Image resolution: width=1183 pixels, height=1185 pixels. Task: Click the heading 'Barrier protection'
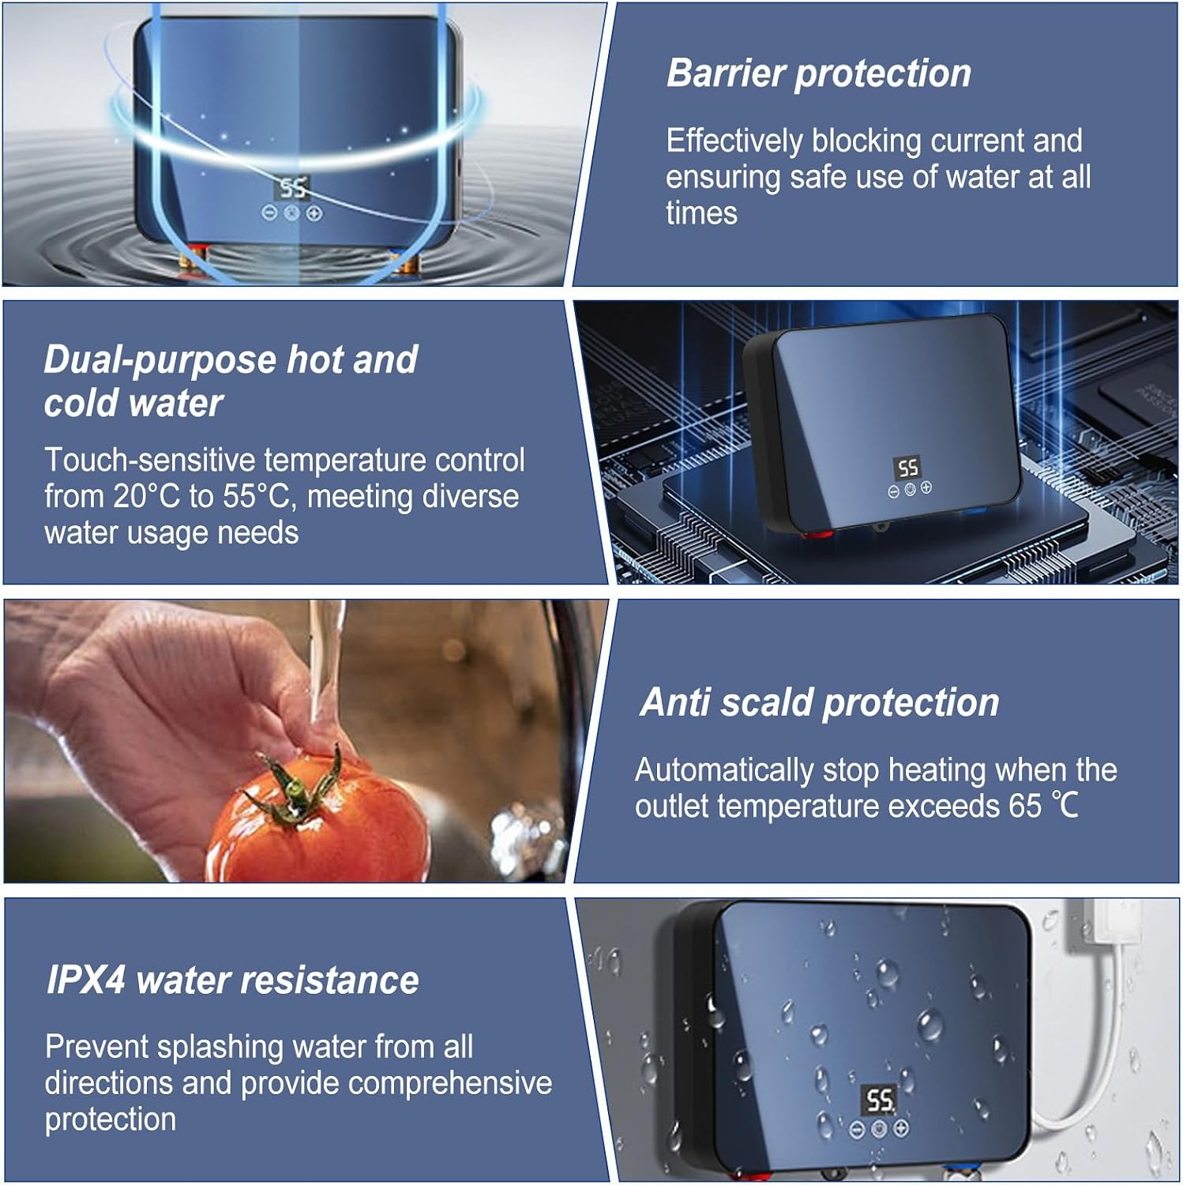click(x=819, y=74)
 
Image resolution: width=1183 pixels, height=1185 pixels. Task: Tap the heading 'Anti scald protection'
click(x=820, y=702)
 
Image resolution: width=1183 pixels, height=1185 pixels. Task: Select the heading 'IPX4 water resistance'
click(x=232, y=980)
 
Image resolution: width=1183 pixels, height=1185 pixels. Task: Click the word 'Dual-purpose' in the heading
click(x=159, y=360)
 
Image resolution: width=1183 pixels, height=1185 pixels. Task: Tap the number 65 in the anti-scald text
click(x=1024, y=806)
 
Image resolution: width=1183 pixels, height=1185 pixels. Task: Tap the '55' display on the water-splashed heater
click(x=878, y=1100)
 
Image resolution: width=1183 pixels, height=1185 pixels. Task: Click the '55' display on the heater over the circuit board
click(x=907, y=468)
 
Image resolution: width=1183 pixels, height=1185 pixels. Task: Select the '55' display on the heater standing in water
click(x=292, y=188)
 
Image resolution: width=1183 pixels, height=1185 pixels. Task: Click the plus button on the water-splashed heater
click(x=900, y=1129)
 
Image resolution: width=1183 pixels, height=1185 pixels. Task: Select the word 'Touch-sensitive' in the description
click(x=149, y=460)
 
